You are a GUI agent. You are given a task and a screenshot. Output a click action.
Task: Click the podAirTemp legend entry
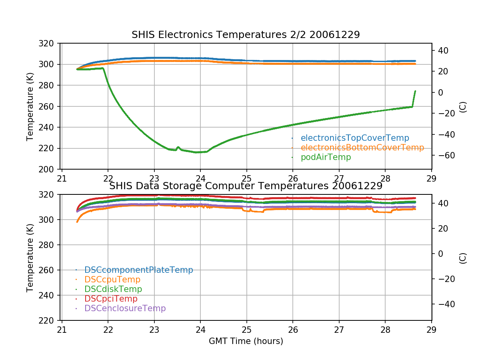tap(326, 157)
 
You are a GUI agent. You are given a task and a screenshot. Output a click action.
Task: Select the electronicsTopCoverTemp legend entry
tap(355, 138)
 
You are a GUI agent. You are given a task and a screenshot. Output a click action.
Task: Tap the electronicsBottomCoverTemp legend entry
tap(362, 148)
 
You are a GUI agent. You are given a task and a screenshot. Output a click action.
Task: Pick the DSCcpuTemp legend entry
tap(112, 280)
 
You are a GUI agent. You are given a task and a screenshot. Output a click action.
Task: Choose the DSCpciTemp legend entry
tap(111, 299)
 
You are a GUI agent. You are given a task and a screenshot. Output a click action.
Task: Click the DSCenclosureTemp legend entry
tap(125, 308)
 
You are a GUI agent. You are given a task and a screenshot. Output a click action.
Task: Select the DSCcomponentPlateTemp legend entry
tap(138, 270)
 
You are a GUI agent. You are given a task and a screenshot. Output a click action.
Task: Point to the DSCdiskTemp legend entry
tap(113, 289)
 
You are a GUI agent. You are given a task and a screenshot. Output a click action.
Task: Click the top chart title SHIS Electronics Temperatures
tap(246, 35)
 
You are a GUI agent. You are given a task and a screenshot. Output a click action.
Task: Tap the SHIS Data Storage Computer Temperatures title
tap(246, 186)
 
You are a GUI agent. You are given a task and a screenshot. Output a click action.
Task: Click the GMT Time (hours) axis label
tap(246, 341)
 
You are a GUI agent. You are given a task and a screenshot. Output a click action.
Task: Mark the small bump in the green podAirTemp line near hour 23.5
tap(178, 147)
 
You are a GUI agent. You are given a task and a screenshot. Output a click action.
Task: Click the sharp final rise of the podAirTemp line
tap(414, 98)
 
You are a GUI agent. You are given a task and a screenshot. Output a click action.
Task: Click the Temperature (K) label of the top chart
tap(30, 106)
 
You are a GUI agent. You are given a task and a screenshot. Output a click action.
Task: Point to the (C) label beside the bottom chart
tap(463, 258)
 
